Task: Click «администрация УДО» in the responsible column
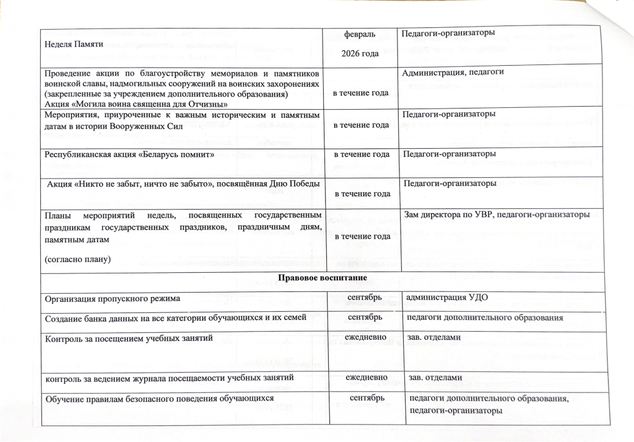click(x=446, y=298)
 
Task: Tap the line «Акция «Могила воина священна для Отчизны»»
click(x=136, y=103)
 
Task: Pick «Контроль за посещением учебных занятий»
click(x=129, y=338)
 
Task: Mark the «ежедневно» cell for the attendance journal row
click(x=367, y=376)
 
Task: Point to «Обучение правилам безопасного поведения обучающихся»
click(x=159, y=398)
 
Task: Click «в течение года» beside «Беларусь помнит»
click(x=362, y=154)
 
